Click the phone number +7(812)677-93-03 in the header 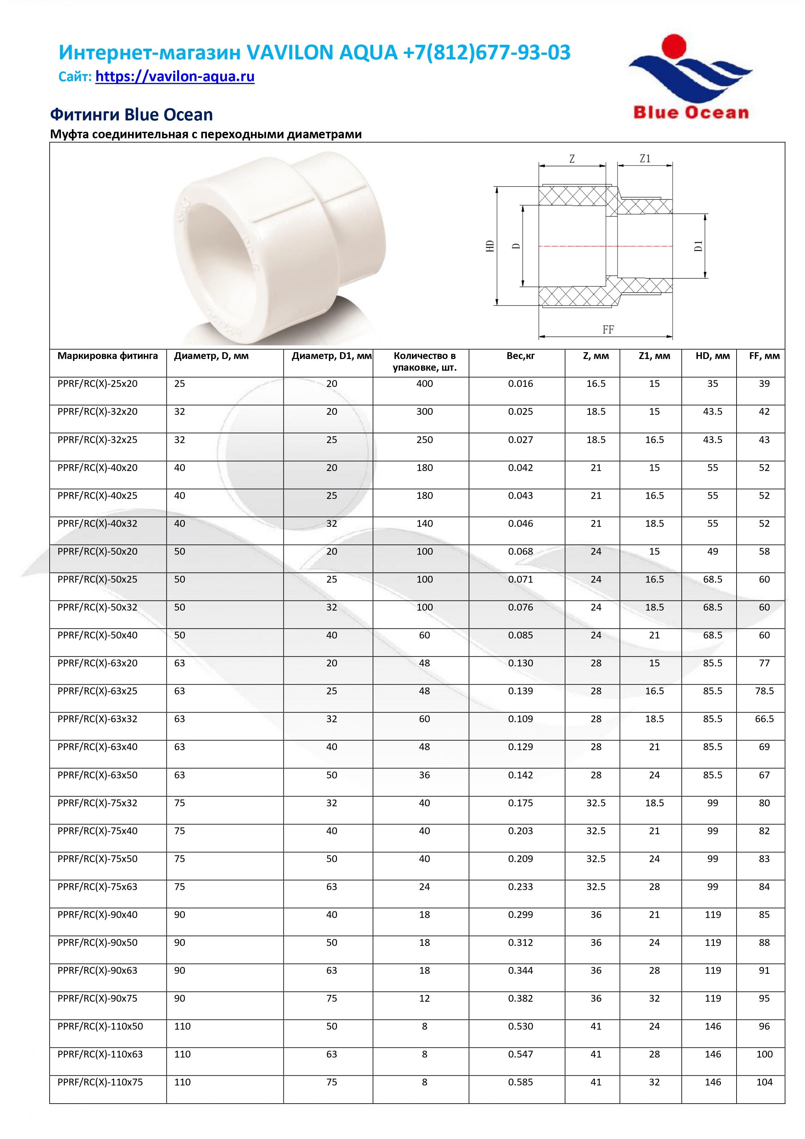point(487,52)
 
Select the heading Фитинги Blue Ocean point(131,115)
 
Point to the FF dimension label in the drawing point(608,330)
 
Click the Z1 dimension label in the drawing point(645,159)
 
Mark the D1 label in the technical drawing point(698,246)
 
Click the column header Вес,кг point(521,356)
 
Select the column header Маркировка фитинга point(108,356)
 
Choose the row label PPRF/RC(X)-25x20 point(97,383)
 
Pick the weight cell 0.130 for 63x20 point(521,663)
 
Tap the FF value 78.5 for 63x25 point(764,690)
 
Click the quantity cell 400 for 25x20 point(424,383)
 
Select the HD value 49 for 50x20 point(712,551)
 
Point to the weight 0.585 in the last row point(521,1082)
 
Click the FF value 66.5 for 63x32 point(764,719)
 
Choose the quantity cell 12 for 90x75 point(424,998)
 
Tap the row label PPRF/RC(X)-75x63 point(97,886)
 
